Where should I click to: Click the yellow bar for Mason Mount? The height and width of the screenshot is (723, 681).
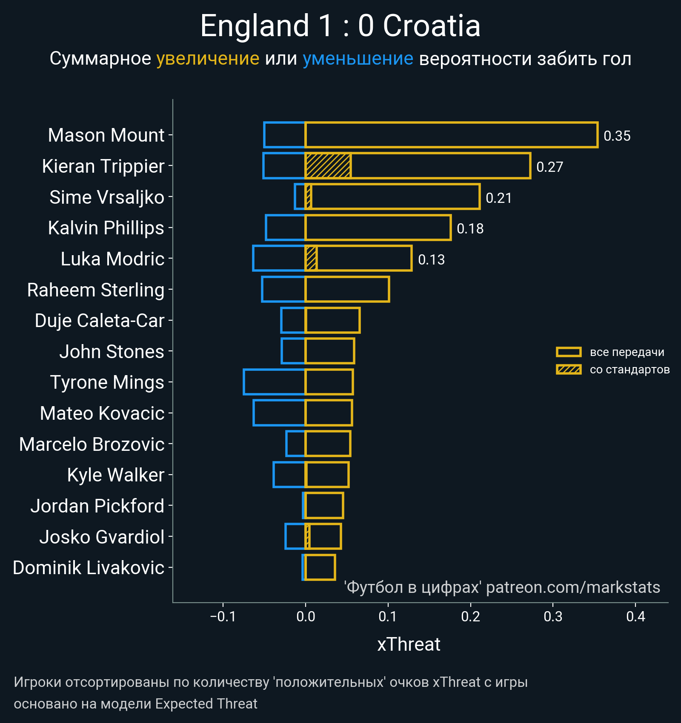click(451, 135)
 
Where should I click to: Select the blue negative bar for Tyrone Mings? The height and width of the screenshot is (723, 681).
click(274, 382)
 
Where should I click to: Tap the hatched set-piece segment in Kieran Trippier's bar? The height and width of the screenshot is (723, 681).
click(328, 166)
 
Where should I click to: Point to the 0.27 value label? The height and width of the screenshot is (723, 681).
click(549, 167)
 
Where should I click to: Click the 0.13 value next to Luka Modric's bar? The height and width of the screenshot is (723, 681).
click(431, 259)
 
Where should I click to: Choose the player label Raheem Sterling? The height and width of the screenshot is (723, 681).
click(96, 290)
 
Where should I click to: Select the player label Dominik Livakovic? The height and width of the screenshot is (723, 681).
click(89, 568)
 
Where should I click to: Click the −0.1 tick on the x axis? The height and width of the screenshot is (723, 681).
click(223, 616)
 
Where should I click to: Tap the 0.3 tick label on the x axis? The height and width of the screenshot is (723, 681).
click(553, 616)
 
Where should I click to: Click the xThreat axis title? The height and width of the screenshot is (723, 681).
click(409, 644)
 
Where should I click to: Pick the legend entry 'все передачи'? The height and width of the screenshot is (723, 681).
click(627, 352)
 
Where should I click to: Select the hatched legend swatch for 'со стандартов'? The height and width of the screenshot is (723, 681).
click(568, 370)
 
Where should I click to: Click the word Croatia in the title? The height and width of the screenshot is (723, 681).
click(432, 26)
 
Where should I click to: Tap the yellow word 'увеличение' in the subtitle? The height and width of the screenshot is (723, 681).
click(208, 59)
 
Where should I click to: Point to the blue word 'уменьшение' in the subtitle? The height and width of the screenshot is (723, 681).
click(358, 59)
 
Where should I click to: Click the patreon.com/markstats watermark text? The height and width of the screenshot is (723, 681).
click(573, 587)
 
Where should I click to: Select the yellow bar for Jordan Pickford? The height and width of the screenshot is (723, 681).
click(324, 506)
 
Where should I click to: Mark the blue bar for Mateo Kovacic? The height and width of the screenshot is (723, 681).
click(279, 413)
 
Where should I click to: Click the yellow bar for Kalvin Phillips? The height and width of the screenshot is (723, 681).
click(378, 228)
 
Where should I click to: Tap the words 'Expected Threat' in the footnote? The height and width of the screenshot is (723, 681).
click(206, 704)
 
